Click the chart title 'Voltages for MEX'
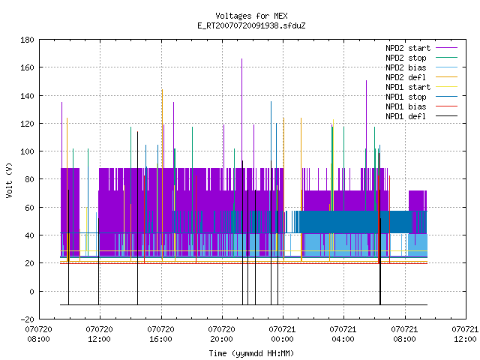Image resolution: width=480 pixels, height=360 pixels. coord(251,16)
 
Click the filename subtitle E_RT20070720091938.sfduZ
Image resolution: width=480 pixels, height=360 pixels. coord(251,25)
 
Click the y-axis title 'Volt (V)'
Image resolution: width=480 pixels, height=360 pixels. coord(9,180)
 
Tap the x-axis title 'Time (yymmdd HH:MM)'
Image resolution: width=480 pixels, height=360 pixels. coord(251,353)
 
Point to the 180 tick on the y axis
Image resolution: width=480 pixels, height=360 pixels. coord(27,40)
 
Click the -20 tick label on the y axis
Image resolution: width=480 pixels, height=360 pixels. coord(27,319)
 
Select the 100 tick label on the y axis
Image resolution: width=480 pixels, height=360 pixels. coord(27,151)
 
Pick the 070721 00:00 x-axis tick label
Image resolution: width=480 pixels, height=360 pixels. coord(282,334)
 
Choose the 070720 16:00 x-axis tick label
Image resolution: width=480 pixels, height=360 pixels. coord(160,334)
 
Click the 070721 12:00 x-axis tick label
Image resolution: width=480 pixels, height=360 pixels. coord(465,334)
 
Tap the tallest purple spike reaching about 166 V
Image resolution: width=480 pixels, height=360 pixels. coord(241,113)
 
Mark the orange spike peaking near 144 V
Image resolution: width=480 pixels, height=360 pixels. coord(162,128)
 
